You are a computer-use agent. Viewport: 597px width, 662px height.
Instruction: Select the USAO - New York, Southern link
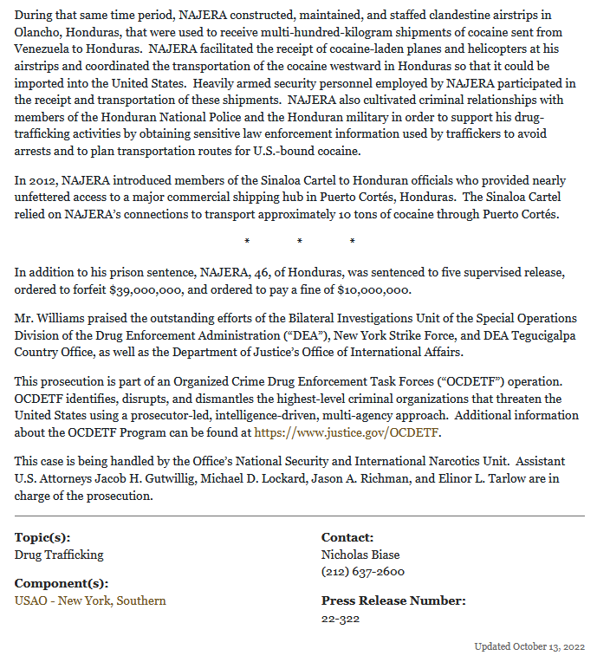[x=90, y=600]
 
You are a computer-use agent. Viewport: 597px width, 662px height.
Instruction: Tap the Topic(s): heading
[x=42, y=537]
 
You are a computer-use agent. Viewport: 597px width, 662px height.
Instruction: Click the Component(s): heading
[x=62, y=582]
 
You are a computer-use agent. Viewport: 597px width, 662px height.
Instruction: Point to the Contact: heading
[x=347, y=537]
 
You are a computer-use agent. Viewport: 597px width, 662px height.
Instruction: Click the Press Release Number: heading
[x=393, y=600]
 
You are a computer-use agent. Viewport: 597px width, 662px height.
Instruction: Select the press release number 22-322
[x=341, y=618]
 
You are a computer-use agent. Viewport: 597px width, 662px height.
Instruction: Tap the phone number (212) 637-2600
[x=363, y=572]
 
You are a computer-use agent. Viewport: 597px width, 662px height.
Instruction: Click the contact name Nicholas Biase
[x=360, y=555]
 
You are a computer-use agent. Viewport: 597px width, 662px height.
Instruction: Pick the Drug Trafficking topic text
[x=59, y=555]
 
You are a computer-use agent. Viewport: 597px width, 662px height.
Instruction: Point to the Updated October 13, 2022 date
[x=529, y=646]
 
